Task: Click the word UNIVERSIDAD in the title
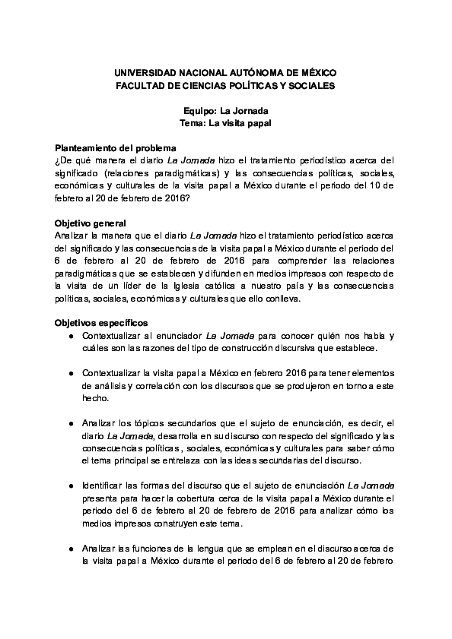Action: point(141,72)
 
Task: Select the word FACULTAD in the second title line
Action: point(137,86)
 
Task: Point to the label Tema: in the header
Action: point(193,123)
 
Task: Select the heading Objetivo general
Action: point(90,223)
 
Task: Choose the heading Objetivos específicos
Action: point(100,322)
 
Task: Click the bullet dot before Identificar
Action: point(71,485)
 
